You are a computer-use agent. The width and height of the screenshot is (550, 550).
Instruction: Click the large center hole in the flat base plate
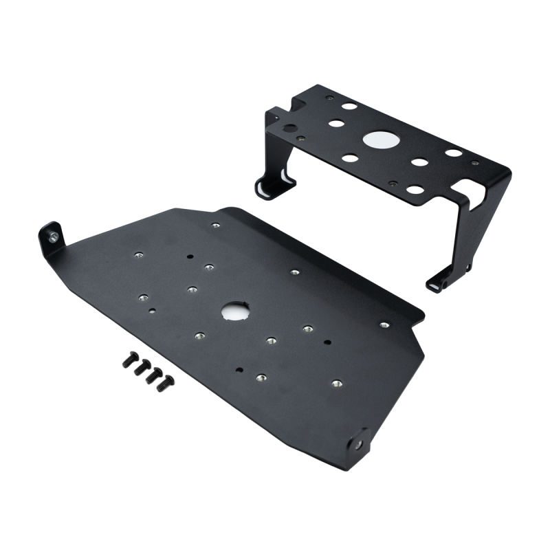point(234,311)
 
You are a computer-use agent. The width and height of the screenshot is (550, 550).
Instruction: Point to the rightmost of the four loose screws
point(168,379)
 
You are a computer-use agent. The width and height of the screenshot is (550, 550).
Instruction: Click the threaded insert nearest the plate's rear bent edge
point(216,225)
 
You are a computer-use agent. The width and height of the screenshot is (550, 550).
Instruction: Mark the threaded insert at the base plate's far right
point(384,324)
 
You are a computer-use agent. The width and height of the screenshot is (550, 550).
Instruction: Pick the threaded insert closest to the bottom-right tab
point(336,383)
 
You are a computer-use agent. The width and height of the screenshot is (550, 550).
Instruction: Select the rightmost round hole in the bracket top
point(453,153)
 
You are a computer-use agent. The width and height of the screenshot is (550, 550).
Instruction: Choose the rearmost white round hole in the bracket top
point(350,107)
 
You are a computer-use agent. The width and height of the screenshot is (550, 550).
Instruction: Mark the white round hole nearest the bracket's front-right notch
point(415,190)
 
